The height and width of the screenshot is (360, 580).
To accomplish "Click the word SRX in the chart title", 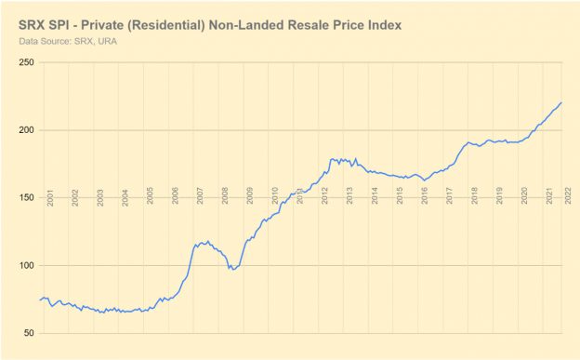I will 34,23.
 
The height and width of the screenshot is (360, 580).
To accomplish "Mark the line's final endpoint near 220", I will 562,102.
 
